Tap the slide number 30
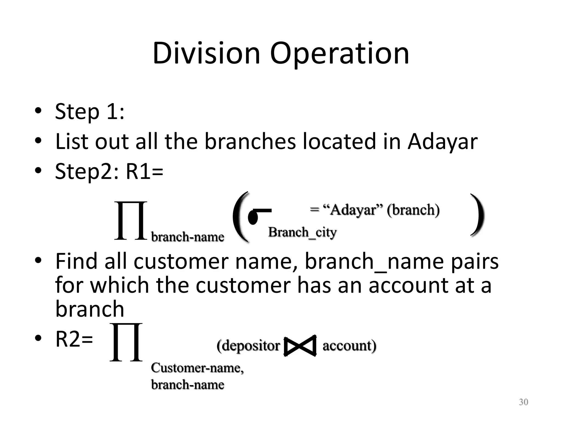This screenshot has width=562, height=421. (523, 402)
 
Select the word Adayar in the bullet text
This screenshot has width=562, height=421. (442, 142)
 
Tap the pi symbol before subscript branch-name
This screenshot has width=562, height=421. (131, 221)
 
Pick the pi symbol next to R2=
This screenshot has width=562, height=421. (126, 342)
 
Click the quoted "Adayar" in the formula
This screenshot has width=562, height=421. (353, 210)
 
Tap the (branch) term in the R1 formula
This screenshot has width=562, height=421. (413, 210)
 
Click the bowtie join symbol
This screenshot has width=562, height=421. (300, 346)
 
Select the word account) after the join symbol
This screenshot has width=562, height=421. (349, 346)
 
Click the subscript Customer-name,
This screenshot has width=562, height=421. (197, 368)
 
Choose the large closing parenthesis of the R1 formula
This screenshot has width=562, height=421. (477, 215)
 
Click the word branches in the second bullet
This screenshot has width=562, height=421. (250, 142)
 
